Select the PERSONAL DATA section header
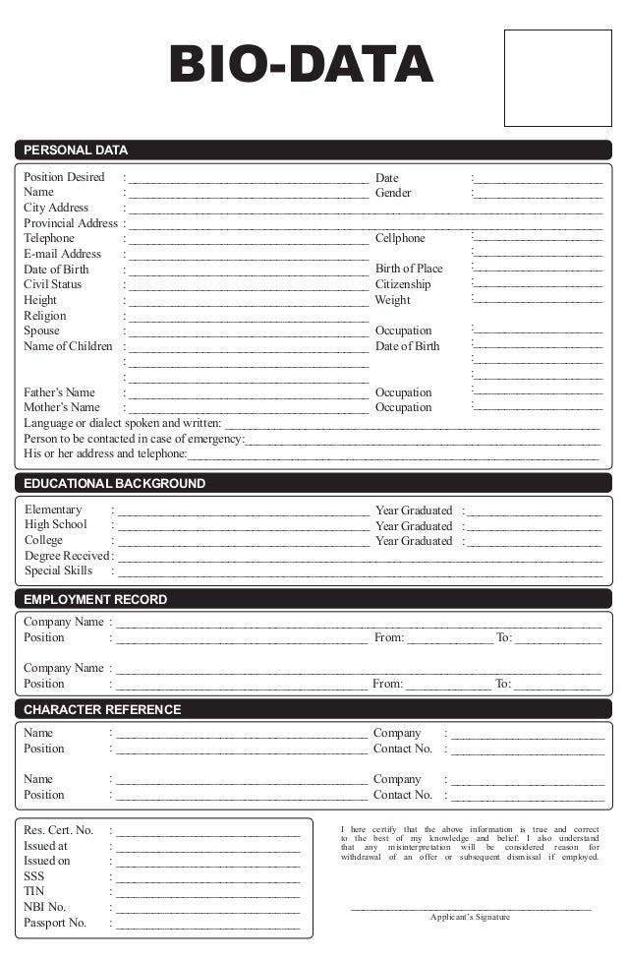(x=76, y=150)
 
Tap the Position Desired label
(x=64, y=177)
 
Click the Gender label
(x=393, y=193)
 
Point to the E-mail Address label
(x=62, y=254)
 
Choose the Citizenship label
(x=403, y=284)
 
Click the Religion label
(x=45, y=316)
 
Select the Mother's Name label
(x=62, y=407)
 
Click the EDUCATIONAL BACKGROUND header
(x=114, y=484)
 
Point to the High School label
(x=56, y=525)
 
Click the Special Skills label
(x=59, y=570)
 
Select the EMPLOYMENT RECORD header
(x=95, y=599)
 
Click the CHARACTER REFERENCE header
(x=102, y=709)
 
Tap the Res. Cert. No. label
(x=58, y=830)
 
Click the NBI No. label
(x=45, y=907)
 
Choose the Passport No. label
(x=55, y=923)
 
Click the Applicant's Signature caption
(x=471, y=917)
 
